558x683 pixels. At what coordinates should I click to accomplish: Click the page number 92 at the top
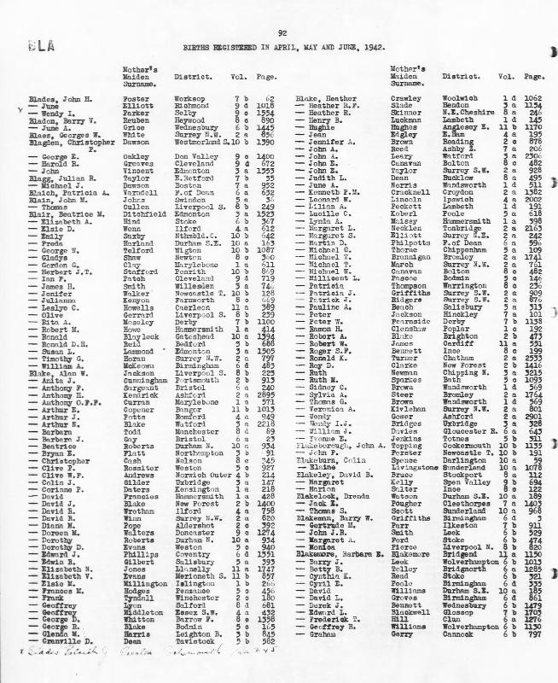tap(280, 32)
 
